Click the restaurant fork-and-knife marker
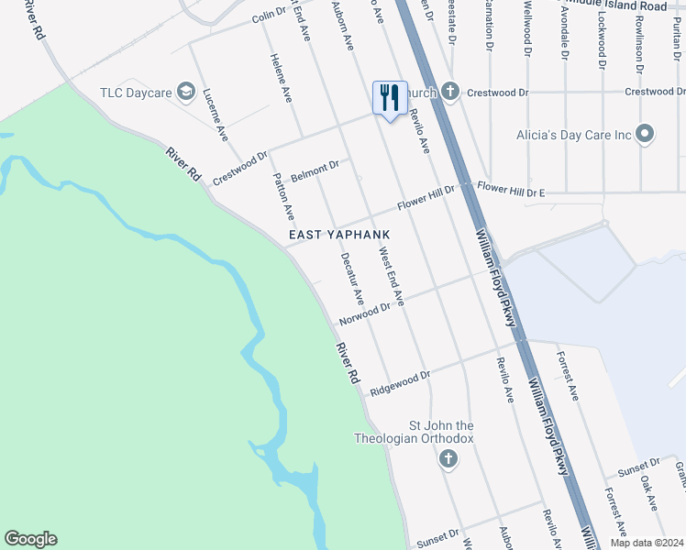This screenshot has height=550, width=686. pyautogui.click(x=390, y=97)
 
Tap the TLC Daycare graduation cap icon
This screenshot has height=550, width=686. pyautogui.click(x=186, y=91)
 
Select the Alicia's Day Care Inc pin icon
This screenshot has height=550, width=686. pyautogui.click(x=645, y=135)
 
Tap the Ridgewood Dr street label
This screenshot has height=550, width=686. pyautogui.click(x=400, y=384)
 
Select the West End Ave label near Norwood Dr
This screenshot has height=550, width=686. pyautogui.click(x=392, y=276)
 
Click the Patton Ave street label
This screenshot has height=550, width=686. pyautogui.click(x=284, y=198)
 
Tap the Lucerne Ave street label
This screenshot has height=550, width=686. pyautogui.click(x=216, y=114)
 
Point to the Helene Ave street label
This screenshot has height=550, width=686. pyautogui.click(x=281, y=76)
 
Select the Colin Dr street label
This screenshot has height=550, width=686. pyautogui.click(x=270, y=16)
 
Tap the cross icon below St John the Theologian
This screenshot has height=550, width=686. pyautogui.click(x=448, y=458)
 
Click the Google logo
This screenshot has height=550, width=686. pyautogui.click(x=30, y=539)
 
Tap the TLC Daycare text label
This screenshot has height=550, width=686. pyautogui.click(x=136, y=93)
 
